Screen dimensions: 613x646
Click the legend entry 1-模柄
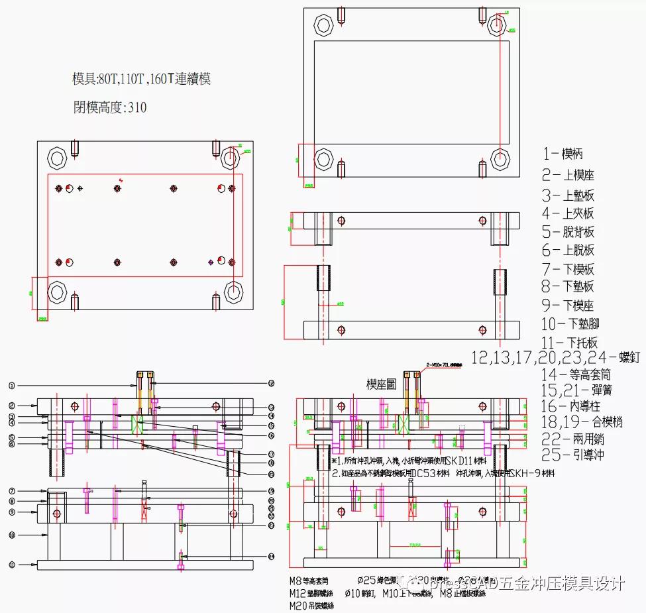563,154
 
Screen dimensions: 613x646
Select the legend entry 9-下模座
567,306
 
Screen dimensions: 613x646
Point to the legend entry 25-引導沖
567,455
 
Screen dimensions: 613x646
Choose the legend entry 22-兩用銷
567,439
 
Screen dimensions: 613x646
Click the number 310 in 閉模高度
137,107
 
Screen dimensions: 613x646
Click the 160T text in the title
160,80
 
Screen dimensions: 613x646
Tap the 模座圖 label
382,384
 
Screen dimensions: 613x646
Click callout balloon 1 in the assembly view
12,385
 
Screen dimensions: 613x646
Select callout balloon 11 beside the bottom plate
12,564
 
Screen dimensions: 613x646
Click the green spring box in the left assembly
138,424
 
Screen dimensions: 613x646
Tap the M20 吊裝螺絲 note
311,605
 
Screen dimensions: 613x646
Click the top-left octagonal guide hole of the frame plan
325,27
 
